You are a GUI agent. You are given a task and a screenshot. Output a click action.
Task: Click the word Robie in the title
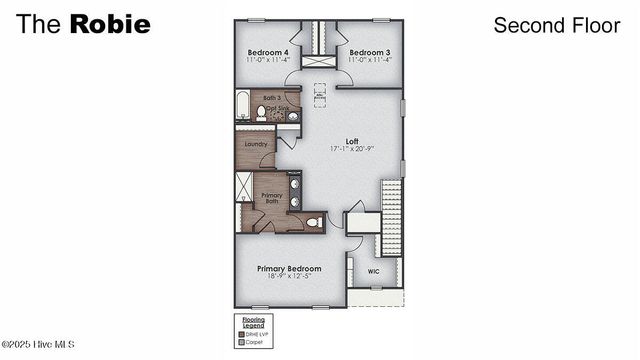pyautogui.click(x=110, y=24)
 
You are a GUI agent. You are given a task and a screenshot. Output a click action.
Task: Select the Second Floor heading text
pyautogui.click(x=556, y=25)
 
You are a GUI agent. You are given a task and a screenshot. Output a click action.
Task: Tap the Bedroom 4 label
pyautogui.click(x=268, y=52)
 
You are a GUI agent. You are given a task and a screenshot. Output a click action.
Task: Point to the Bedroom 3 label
pyautogui.click(x=368, y=52)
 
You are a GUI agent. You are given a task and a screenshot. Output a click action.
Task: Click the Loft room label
pyautogui.click(x=352, y=141)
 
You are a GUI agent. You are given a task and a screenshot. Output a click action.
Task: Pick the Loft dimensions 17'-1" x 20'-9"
pyautogui.click(x=352, y=150)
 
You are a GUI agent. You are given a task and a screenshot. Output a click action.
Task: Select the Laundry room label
pyautogui.click(x=254, y=144)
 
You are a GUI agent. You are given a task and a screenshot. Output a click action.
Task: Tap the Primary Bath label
pyautogui.click(x=272, y=198)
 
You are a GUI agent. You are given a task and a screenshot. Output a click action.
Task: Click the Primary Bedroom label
pyautogui.click(x=289, y=268)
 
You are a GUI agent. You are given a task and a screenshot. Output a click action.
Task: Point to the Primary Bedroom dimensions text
pyautogui.click(x=289, y=277)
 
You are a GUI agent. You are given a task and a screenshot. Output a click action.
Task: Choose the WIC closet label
pyautogui.click(x=373, y=271)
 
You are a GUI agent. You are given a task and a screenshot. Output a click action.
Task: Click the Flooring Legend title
pyautogui.click(x=255, y=323)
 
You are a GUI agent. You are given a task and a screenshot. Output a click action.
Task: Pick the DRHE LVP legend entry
pyautogui.click(x=257, y=333)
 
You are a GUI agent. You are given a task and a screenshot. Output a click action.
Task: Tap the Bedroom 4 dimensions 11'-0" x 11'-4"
pyautogui.click(x=268, y=61)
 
